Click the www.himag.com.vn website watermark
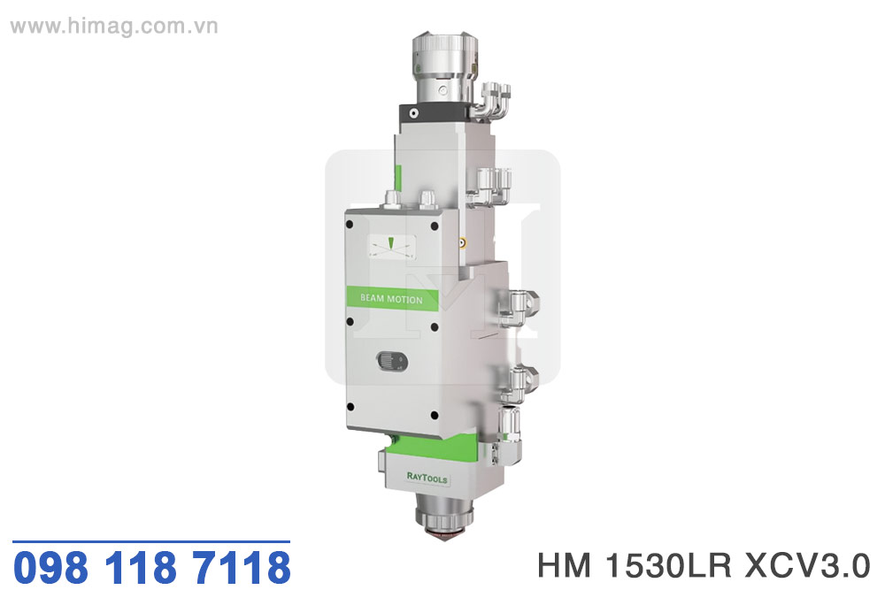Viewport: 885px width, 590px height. coord(114,27)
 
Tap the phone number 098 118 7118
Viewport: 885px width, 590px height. coord(152,567)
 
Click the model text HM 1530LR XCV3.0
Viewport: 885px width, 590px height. coord(704,565)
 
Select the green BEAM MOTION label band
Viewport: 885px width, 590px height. coord(392,298)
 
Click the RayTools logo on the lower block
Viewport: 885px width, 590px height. coord(427,478)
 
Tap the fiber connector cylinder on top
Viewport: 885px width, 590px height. coord(445,69)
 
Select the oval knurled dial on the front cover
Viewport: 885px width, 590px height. coord(392,361)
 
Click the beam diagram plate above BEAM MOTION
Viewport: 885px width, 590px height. coord(392,248)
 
